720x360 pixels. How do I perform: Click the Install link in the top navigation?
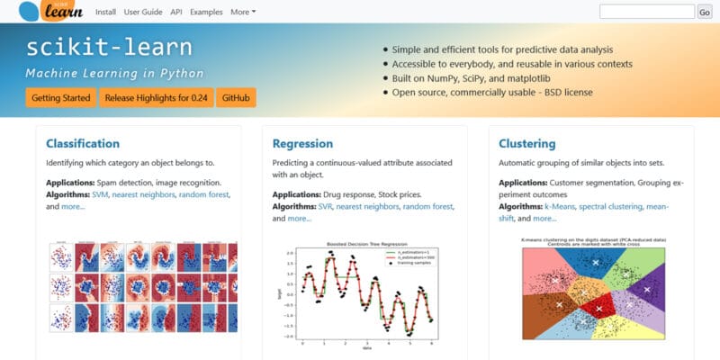pos(105,12)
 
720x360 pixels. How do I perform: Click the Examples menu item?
pos(206,12)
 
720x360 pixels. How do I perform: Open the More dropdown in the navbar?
pos(243,12)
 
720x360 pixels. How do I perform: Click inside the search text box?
pos(645,12)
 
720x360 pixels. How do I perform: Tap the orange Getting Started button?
pos(60,97)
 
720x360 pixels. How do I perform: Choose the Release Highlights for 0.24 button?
pos(157,97)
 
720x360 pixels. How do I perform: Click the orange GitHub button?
pos(236,97)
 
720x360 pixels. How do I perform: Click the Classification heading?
pos(83,143)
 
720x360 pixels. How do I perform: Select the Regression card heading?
pos(301,143)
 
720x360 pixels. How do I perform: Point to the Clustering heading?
pos(526,143)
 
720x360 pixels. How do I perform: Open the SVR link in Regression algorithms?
pos(325,206)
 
